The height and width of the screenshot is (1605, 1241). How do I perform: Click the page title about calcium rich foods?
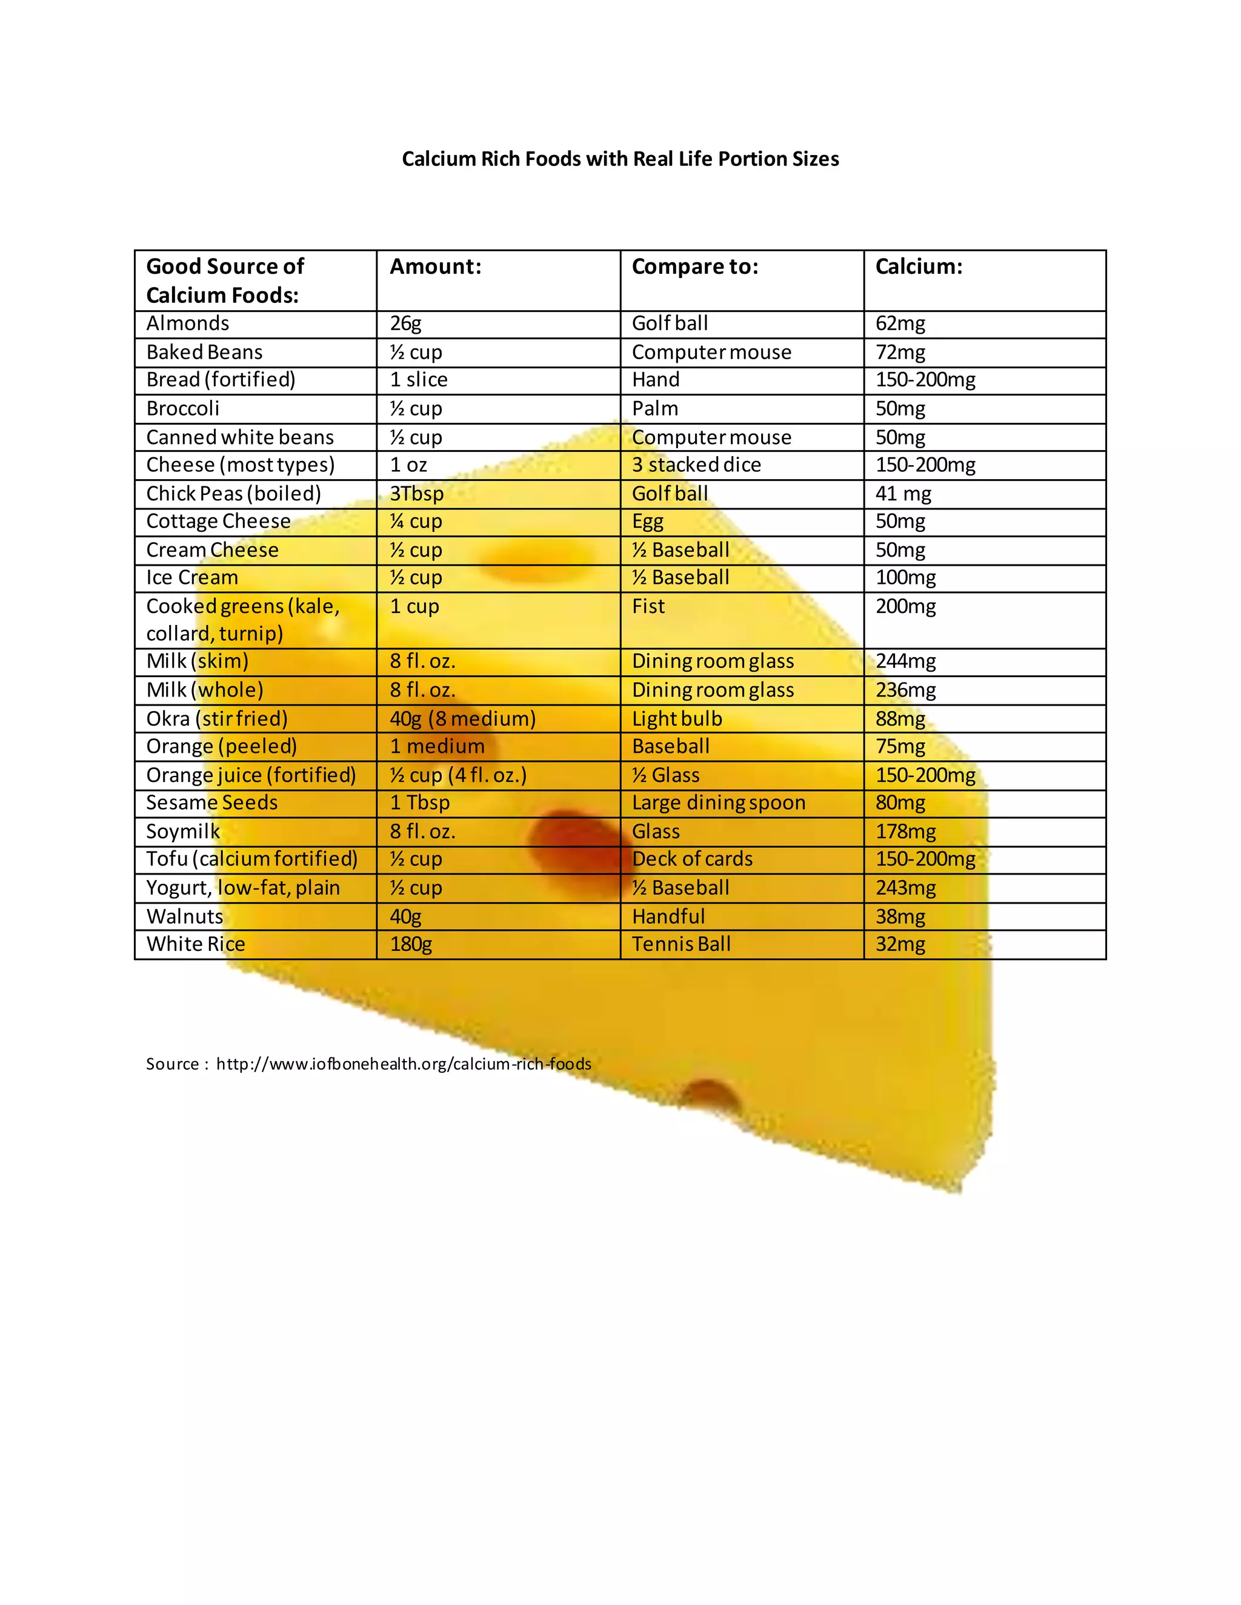[x=620, y=159]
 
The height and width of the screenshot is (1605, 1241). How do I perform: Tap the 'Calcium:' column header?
[x=918, y=266]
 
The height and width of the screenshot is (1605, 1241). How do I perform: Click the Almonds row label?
[x=187, y=323]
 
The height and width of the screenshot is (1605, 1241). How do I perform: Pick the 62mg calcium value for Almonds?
[x=900, y=323]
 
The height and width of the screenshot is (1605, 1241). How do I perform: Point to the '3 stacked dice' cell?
[x=696, y=465]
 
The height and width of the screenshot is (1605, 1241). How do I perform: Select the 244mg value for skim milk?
[x=905, y=661]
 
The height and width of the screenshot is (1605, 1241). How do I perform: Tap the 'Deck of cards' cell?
[x=692, y=858]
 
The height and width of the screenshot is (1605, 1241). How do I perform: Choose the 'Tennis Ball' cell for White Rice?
[x=680, y=944]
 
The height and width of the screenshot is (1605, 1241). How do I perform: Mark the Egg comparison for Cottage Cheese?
[x=647, y=521]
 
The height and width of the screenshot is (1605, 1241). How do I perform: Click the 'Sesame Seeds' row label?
[x=211, y=802]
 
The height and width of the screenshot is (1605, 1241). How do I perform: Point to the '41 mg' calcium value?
[x=903, y=493]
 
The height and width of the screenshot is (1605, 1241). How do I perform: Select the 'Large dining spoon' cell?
[x=718, y=802]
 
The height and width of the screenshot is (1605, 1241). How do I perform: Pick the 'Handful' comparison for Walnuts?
[x=668, y=916]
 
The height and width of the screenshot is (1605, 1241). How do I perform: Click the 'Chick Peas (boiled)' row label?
[x=233, y=493]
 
